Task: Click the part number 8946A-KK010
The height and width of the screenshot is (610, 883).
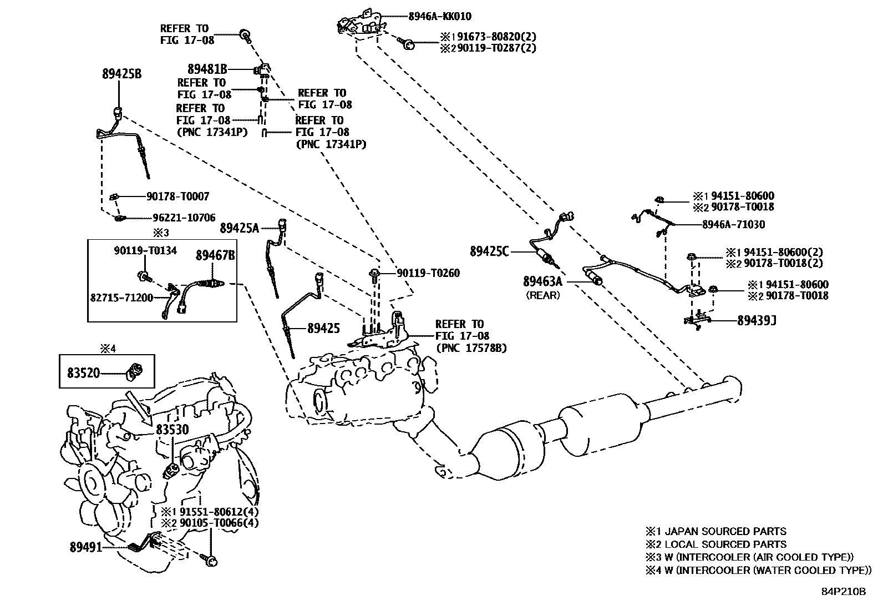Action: tap(440, 17)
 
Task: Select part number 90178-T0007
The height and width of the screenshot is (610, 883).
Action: tap(177, 196)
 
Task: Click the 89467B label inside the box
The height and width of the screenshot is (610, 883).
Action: tap(215, 255)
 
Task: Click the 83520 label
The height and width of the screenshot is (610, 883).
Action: tap(84, 372)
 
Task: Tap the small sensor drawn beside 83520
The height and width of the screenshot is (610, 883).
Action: tap(135, 370)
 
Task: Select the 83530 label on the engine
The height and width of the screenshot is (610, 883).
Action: tap(172, 429)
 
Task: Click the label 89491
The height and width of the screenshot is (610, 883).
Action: tap(86, 547)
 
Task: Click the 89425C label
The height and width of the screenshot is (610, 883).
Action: tap(489, 251)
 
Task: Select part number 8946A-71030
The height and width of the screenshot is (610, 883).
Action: tap(733, 224)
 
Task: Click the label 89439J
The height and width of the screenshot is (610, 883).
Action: tap(756, 320)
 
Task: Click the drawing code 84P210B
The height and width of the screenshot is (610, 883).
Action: tap(843, 592)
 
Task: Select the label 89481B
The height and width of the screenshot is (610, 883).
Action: tap(207, 69)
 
